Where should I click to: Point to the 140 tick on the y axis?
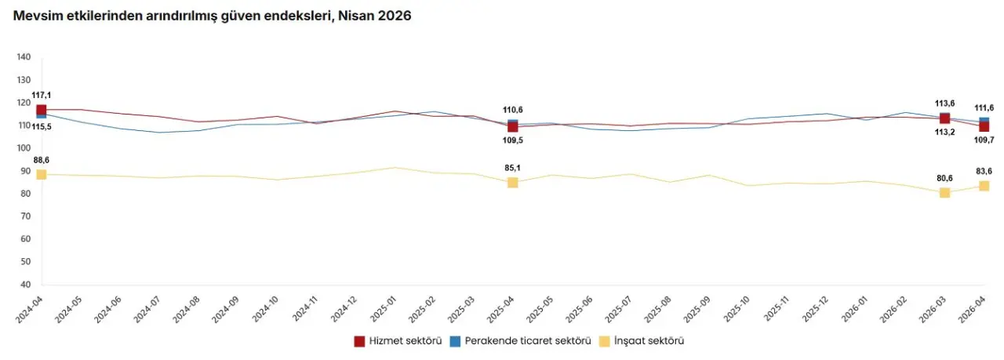(23, 57)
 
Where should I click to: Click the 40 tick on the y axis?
(25, 285)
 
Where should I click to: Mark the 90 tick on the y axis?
(25, 171)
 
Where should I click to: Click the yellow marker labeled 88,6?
(42, 174)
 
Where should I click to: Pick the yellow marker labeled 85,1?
(512, 183)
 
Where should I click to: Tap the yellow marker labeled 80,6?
(944, 193)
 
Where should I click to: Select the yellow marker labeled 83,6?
(984, 186)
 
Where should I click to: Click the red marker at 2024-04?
(42, 110)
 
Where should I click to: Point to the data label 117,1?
(42, 95)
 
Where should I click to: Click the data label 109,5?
(512, 140)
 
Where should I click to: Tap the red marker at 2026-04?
(984, 126)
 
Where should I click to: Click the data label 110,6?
(512, 110)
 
